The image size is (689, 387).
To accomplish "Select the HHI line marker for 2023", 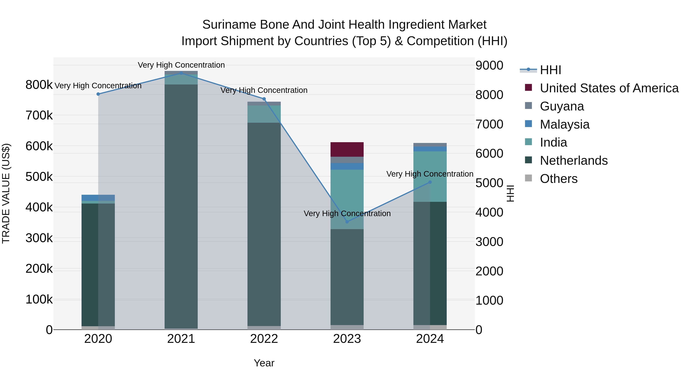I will pyautogui.click(x=347, y=222).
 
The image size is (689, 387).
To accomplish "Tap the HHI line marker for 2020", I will pyautogui.click(x=98, y=94).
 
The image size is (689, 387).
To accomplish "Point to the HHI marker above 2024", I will pyautogui.click(x=430, y=182).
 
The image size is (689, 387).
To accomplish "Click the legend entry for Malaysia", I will pyautogui.click(x=564, y=124).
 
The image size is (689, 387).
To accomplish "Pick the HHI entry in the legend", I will pyautogui.click(x=550, y=70).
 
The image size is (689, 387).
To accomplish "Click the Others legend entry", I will pyautogui.click(x=558, y=179).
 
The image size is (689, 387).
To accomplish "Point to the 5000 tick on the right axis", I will pyautogui.click(x=489, y=183).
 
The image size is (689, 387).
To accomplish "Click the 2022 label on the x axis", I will pyautogui.click(x=264, y=339).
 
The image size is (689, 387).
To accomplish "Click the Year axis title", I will pyautogui.click(x=264, y=363).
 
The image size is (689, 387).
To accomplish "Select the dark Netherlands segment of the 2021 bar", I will pyautogui.click(x=181, y=206).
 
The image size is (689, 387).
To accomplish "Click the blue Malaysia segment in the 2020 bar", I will pyautogui.click(x=90, y=198).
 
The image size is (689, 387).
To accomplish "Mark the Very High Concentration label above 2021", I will pyautogui.click(x=181, y=65).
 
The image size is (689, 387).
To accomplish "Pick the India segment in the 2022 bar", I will pyautogui.click(x=264, y=114).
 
